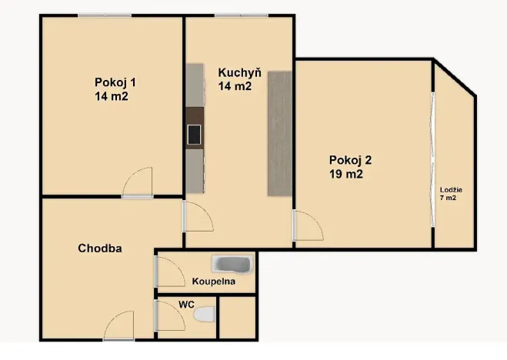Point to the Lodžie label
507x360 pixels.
click(451, 189)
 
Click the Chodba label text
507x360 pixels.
click(101, 248)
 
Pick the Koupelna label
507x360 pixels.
click(214, 282)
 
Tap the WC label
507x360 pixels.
click(186, 305)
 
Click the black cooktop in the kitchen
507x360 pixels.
click(194, 135)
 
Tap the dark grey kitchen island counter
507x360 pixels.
click(280, 132)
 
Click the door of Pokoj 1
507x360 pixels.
click(138, 183)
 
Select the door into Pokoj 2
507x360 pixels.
click(306, 226)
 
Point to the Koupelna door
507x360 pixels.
click(165, 272)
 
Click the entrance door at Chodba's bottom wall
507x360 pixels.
click(119, 326)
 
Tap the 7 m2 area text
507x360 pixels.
click(449, 198)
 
